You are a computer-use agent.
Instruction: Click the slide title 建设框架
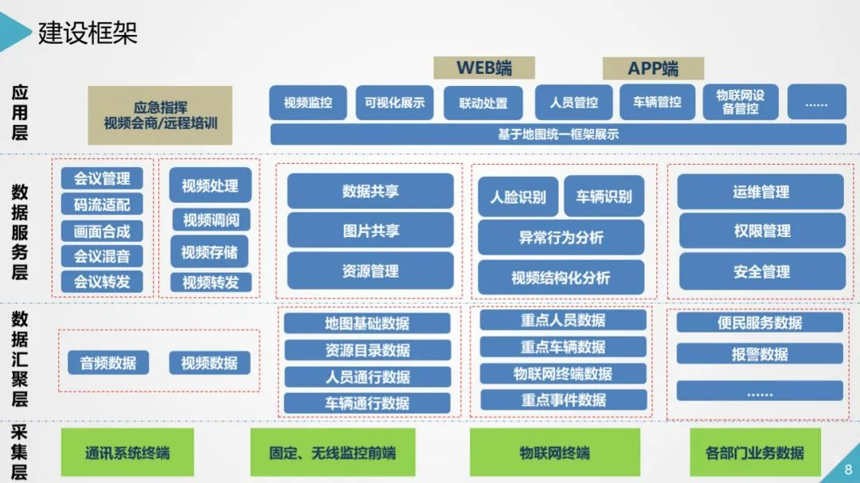click(x=88, y=33)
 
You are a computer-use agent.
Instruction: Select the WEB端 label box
click(x=483, y=68)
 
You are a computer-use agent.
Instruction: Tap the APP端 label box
click(x=653, y=68)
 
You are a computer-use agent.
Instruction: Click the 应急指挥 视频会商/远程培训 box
click(x=160, y=115)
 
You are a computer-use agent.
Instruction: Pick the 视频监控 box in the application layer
click(x=308, y=103)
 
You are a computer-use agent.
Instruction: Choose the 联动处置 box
click(x=483, y=103)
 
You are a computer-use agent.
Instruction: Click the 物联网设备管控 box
click(x=741, y=103)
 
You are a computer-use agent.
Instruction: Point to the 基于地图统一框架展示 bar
click(x=557, y=134)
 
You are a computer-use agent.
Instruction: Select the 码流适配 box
click(x=102, y=204)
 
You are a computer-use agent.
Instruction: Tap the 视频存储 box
click(x=209, y=252)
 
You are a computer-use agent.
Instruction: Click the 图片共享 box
click(x=370, y=231)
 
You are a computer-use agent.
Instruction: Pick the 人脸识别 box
click(x=518, y=197)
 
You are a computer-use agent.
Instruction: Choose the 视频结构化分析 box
click(x=561, y=278)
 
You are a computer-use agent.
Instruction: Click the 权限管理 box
click(x=761, y=231)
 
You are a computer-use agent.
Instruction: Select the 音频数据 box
click(x=108, y=363)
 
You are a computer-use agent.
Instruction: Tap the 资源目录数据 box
click(x=367, y=350)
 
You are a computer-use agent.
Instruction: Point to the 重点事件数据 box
click(x=563, y=399)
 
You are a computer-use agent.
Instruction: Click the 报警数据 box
click(x=760, y=354)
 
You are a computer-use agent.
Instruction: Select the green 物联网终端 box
click(x=555, y=453)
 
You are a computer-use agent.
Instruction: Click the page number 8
click(x=847, y=469)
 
